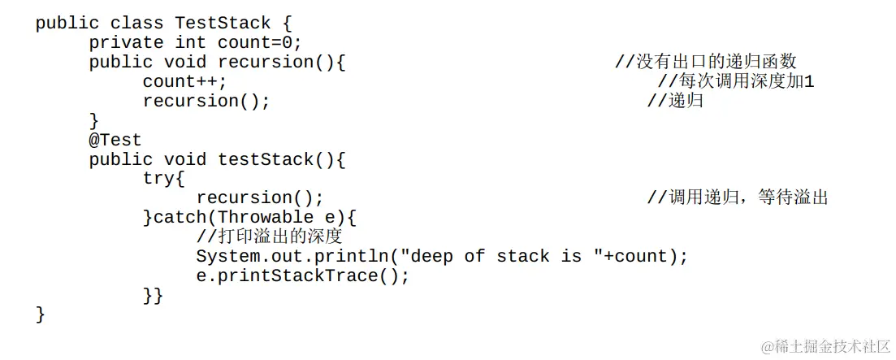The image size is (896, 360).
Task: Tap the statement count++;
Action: pyautogui.click(x=185, y=81)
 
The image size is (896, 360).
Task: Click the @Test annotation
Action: pyautogui.click(x=115, y=140)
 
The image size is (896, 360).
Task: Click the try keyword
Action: pyautogui.click(x=163, y=179)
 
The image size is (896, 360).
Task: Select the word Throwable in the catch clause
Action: pyautogui.click(x=266, y=217)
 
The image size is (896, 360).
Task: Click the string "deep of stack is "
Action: pyautogui.click(x=496, y=256)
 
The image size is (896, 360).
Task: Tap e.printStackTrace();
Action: pyautogui.click(x=303, y=275)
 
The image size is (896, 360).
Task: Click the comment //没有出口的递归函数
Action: pyautogui.click(x=705, y=62)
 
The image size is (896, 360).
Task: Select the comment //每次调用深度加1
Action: pyautogui.click(x=735, y=81)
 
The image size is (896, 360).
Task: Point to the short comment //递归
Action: pyautogui.click(x=675, y=101)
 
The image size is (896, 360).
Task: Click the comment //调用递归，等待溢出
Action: pyautogui.click(x=737, y=197)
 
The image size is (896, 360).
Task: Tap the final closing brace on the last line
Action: pyautogui.click(x=41, y=314)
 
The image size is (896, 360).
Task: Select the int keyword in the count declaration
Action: pyautogui.click(x=190, y=42)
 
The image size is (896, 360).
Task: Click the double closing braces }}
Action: pyautogui.click(x=153, y=295)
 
